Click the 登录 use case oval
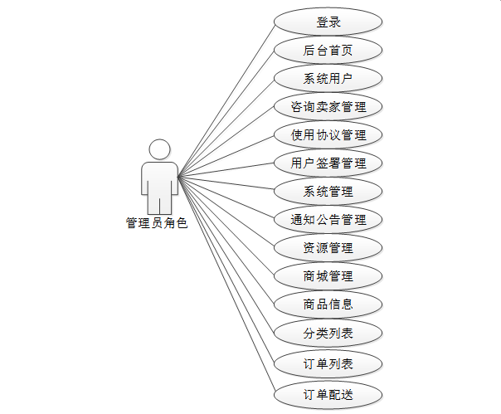coord(328,22)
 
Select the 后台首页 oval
coord(328,50)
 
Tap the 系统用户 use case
coord(328,79)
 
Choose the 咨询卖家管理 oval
coord(328,107)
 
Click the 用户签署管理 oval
coord(328,163)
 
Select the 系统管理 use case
coord(328,192)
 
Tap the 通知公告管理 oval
coord(328,221)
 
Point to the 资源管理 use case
coord(328,248)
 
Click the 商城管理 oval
coord(328,276)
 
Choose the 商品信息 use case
coord(328,304)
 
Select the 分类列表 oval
coord(328,334)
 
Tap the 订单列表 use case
coord(328,363)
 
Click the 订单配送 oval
coord(328,394)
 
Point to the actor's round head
coord(159,149)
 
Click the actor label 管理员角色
coord(157,222)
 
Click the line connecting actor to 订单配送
coord(226,285)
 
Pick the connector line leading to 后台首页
coord(226,112)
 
